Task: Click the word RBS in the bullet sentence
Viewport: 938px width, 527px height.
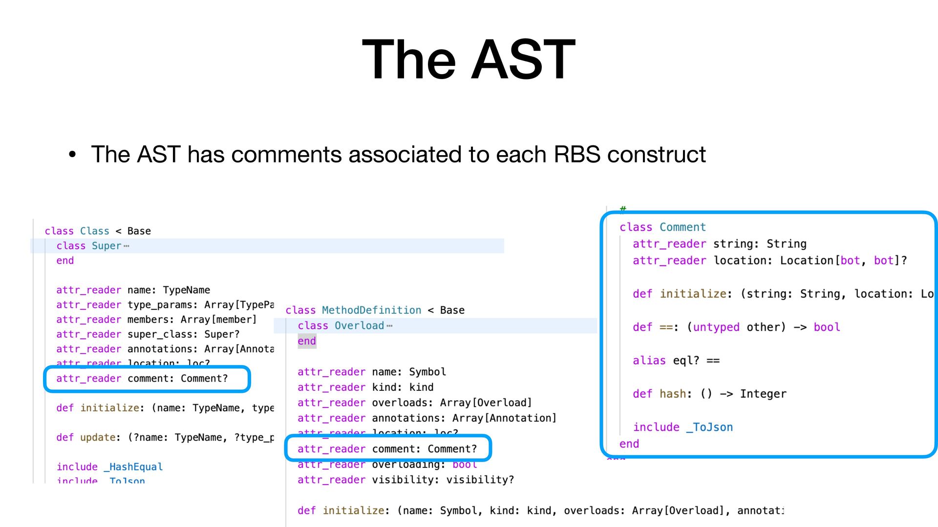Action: pyautogui.click(x=576, y=155)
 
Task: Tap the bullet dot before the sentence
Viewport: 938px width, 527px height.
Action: pyautogui.click(x=72, y=155)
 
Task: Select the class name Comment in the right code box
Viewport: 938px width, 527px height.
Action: pyautogui.click(x=682, y=227)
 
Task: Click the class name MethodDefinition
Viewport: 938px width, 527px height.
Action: pyautogui.click(x=371, y=310)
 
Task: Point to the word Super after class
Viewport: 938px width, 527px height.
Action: pyautogui.click(x=106, y=246)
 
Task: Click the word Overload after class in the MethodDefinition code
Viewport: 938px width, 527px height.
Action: pyautogui.click(x=359, y=326)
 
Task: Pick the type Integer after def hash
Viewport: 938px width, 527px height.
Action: pyautogui.click(x=763, y=394)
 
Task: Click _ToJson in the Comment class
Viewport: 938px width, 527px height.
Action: pyautogui.click(x=709, y=427)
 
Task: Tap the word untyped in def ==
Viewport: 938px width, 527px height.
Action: pyautogui.click(x=716, y=327)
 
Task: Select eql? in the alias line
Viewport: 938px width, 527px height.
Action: pyautogui.click(x=686, y=361)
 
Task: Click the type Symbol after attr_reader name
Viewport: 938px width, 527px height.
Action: pyautogui.click(x=427, y=372)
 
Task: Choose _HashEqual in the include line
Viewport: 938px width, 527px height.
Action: pyautogui.click(x=133, y=467)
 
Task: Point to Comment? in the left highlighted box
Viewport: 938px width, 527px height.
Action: pyautogui.click(x=204, y=379)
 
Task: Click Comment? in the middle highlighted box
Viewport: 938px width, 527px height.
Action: pyautogui.click(x=452, y=449)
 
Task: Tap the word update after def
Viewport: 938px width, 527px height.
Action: pyautogui.click(x=98, y=438)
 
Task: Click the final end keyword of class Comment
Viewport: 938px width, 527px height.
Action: pyautogui.click(x=629, y=444)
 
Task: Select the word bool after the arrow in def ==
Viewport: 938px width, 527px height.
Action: pyautogui.click(x=827, y=327)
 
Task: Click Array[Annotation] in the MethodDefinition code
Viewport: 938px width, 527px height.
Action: pyautogui.click(x=504, y=418)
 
